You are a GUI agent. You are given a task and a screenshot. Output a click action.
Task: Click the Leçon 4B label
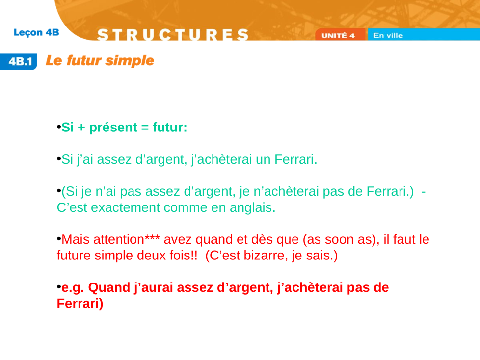point(36,33)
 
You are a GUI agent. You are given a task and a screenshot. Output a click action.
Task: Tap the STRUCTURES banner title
point(173,34)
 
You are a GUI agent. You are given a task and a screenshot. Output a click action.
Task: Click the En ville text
point(388,35)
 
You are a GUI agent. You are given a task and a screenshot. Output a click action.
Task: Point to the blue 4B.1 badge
point(19,61)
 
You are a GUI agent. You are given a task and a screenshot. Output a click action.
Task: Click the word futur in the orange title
point(84,60)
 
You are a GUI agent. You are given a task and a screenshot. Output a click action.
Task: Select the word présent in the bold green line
point(113,128)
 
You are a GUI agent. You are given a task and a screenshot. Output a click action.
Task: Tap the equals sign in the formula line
point(145,128)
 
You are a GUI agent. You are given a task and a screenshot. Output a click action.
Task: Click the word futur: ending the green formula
point(170,127)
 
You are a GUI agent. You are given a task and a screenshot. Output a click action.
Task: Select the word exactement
point(126,207)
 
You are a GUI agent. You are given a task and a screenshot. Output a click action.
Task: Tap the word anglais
point(253,207)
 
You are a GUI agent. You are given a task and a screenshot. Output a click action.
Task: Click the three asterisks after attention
point(152,237)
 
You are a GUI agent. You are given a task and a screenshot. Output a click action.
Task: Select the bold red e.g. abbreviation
point(73,288)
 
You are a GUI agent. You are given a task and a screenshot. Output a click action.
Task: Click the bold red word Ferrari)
point(80,304)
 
